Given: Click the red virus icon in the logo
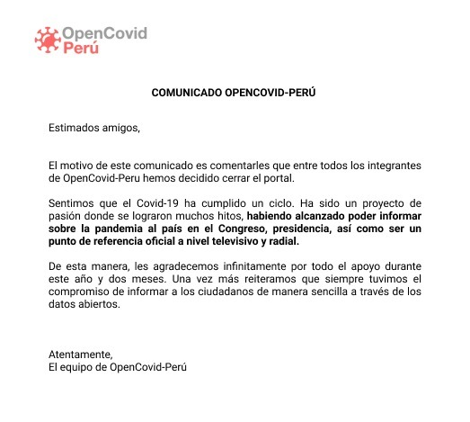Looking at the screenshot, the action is pyautogui.click(x=46, y=38).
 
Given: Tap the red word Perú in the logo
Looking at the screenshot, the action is pyautogui.click(x=82, y=48).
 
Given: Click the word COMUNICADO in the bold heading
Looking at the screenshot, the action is pyautogui.click(x=185, y=91).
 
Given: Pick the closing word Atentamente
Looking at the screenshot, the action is pyautogui.click(x=81, y=355).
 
